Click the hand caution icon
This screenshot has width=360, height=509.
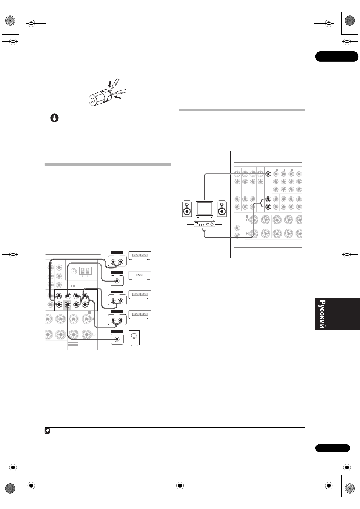pos(54,118)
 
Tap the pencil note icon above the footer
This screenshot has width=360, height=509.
pos(47,431)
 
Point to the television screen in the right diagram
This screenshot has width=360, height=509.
pos(205,209)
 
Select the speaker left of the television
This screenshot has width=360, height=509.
pos(187,209)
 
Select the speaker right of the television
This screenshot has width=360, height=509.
pos(222,209)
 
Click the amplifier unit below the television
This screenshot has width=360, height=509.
pos(205,224)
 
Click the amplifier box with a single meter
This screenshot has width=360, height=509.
pos(140,275)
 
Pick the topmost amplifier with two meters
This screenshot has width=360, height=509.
pos(140,256)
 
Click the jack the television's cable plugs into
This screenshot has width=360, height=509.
pos(268,174)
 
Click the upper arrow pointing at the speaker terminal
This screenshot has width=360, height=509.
pos(110,84)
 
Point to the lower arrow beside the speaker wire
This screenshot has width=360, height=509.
pos(118,98)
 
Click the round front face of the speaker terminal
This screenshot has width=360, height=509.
pos(93,100)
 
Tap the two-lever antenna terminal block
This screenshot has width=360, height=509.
pos(85,271)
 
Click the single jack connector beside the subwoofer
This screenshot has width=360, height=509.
pos(117,339)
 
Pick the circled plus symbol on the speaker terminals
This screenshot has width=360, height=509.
pos(248,220)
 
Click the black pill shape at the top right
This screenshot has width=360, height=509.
pos(337,57)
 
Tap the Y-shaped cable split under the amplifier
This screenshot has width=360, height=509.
pos(205,232)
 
